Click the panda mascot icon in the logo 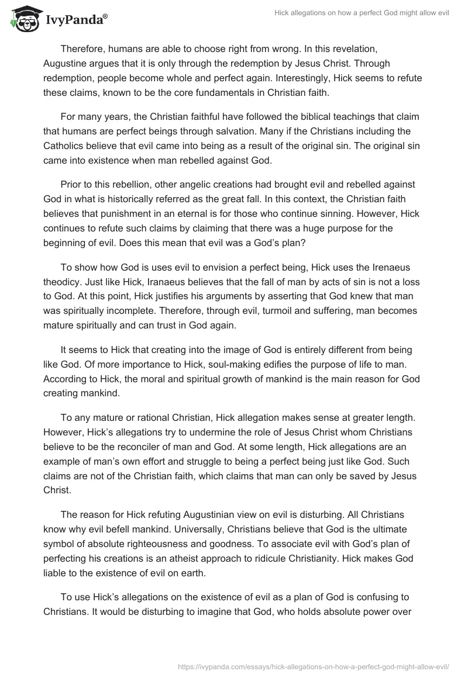[23, 18]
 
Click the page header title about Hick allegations [362, 13]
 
